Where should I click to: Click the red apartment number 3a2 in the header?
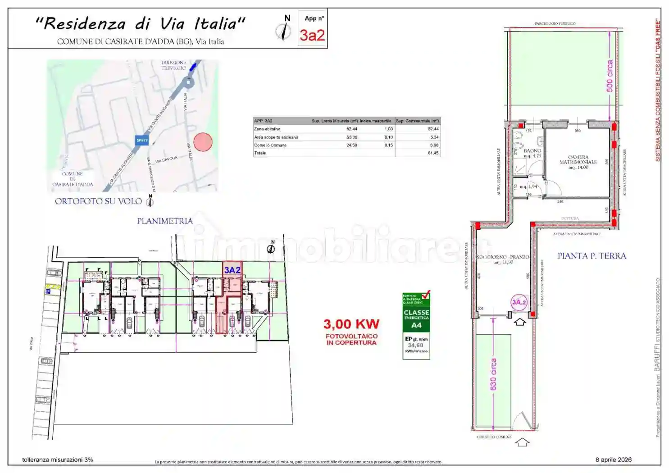[x=312, y=35]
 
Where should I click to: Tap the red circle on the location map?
[x=203, y=142]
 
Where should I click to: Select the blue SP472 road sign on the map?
[x=142, y=141]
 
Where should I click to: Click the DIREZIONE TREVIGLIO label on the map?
[x=173, y=65]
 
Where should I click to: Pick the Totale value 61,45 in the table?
[x=433, y=153]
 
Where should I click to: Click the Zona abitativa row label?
[x=267, y=129]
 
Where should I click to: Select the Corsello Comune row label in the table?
[x=270, y=145]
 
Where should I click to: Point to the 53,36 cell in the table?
[x=351, y=137]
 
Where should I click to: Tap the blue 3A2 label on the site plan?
[x=232, y=270]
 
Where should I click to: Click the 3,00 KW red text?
[x=351, y=324]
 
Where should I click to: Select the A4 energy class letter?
[x=416, y=325]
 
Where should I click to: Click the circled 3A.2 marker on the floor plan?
[x=519, y=302]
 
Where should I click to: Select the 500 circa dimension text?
[x=610, y=76]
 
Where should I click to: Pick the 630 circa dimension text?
[x=493, y=374]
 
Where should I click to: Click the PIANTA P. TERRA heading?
[x=592, y=256]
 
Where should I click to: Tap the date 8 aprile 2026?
[x=613, y=459]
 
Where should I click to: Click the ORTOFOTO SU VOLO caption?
[x=98, y=201]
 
